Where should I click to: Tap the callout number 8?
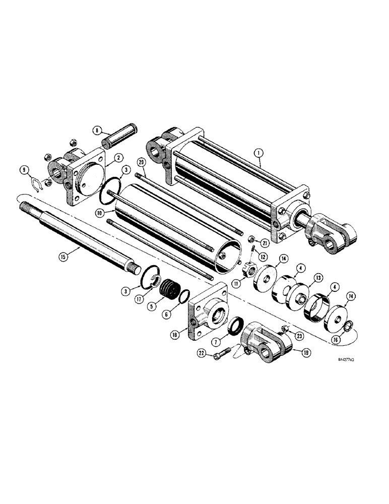pos(97,130)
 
